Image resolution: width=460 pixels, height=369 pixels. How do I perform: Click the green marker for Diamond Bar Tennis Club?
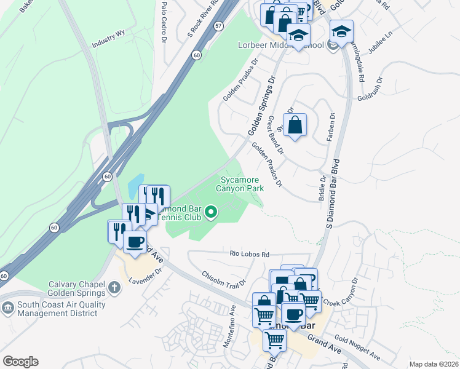point(212,212)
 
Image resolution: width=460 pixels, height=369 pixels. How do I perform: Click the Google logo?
point(20,362)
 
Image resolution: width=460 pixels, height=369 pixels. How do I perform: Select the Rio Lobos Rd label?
point(250,254)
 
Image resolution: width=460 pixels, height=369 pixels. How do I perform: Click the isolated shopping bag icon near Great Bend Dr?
point(295,125)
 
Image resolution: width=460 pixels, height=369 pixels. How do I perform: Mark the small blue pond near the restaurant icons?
point(133,184)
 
